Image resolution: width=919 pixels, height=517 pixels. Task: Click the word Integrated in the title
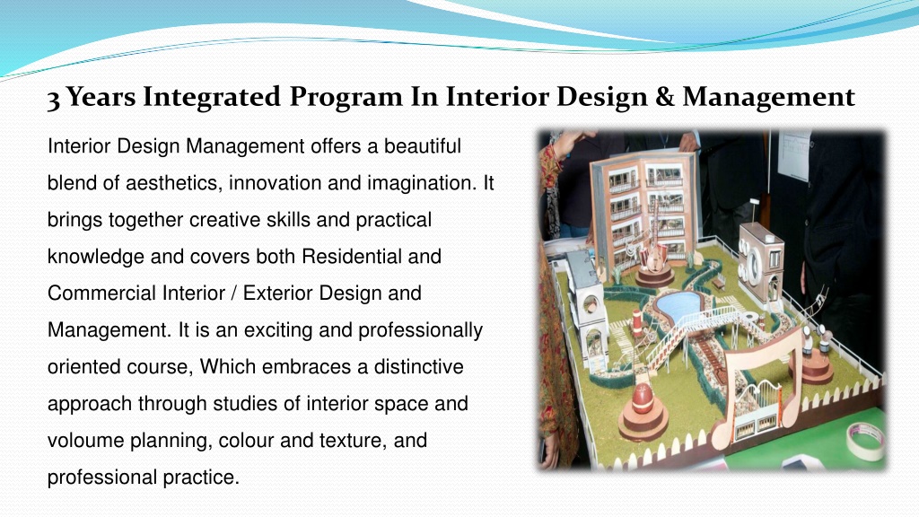(212, 97)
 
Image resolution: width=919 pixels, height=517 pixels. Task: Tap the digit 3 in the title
(53, 100)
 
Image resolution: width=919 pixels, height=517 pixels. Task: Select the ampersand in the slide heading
(665, 97)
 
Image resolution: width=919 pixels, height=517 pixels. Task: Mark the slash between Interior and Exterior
(234, 294)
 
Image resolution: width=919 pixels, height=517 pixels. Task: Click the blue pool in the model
(678, 303)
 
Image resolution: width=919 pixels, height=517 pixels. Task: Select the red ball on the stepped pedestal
(642, 399)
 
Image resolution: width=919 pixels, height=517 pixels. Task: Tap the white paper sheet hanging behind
(794, 153)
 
